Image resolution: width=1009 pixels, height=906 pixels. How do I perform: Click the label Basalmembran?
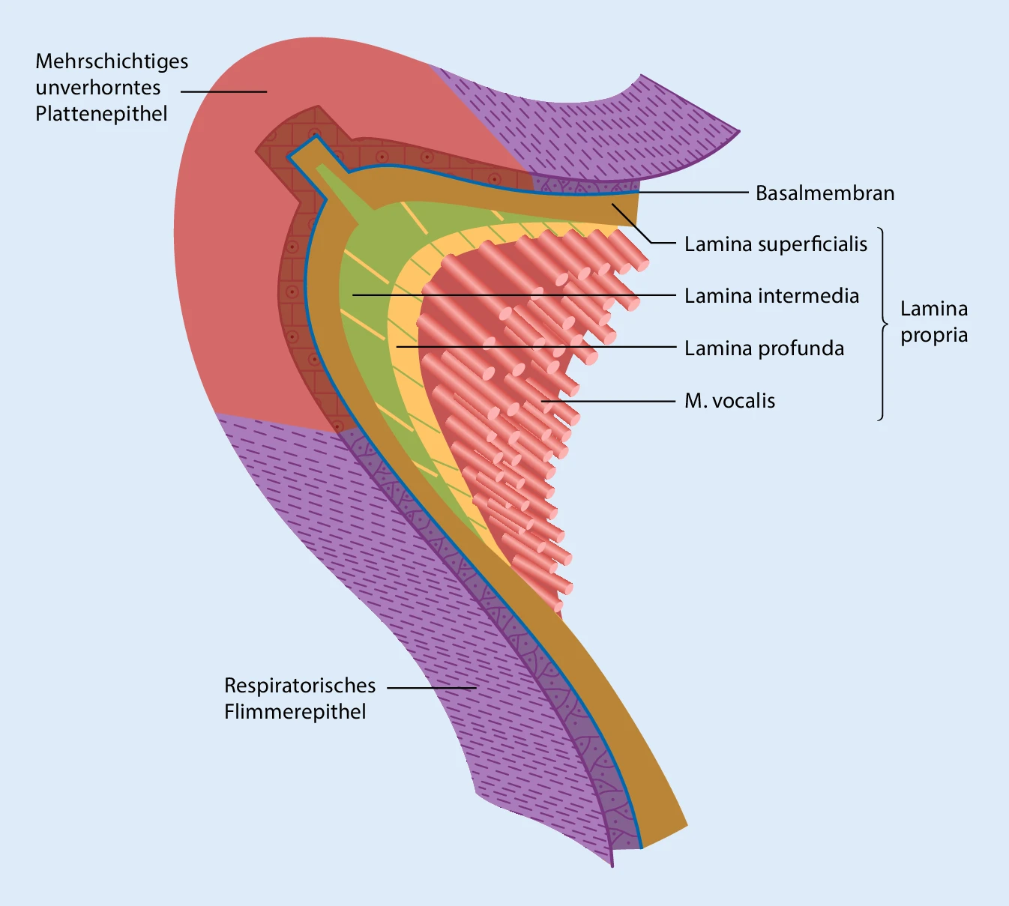825,193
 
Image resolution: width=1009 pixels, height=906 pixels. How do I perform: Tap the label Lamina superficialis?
775,244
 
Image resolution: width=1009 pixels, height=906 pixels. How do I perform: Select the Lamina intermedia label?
771,296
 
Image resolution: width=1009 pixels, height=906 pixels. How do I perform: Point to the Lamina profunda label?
764,348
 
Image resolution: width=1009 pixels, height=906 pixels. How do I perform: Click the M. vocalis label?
729,401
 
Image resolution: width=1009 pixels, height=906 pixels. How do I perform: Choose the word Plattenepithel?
101,114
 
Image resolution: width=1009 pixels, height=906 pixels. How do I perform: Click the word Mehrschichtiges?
112,61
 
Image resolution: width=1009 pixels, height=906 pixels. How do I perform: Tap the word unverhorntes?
98,88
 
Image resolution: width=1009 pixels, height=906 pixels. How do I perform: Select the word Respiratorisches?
300,686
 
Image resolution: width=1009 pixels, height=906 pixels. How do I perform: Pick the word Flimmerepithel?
295,712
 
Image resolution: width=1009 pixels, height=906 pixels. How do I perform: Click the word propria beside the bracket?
934,335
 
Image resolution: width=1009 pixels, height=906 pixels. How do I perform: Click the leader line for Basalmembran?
693,193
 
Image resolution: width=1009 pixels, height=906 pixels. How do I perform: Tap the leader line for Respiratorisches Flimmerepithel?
432,687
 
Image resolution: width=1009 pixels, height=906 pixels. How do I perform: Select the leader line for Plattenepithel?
223,91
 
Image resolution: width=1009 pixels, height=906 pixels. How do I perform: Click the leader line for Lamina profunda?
536,347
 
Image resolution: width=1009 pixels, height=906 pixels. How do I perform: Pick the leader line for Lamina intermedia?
513,295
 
